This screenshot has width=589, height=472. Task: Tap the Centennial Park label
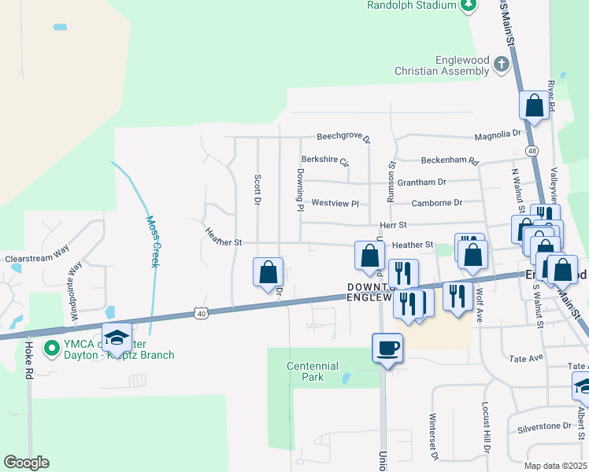coord(313,371)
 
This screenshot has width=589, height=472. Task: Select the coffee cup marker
coord(387,348)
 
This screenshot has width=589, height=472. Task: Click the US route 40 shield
coord(202,313)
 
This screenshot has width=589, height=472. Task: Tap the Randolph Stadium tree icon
coord(469,5)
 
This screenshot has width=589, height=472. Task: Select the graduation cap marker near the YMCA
coord(117,337)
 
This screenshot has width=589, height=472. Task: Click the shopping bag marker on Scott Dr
coord(269,272)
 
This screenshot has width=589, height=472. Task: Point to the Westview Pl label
coord(335,203)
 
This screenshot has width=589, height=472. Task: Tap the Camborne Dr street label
coord(436,202)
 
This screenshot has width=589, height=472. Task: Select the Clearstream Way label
coord(37,257)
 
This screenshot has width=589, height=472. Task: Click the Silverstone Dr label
coord(544,426)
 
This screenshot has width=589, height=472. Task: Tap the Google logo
coord(26,463)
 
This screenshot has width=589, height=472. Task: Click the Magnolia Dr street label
coord(498,135)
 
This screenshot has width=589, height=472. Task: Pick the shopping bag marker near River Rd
coord(534,105)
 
